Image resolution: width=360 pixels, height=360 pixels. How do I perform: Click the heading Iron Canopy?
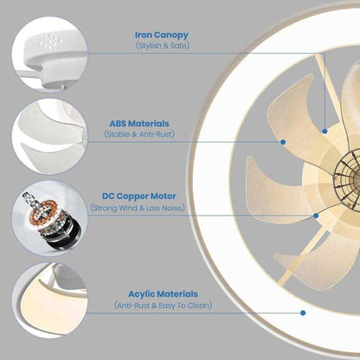click(x=162, y=35)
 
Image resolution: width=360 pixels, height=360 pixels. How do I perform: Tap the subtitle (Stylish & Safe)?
click(x=163, y=46)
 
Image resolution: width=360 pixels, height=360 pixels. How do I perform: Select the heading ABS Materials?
click(x=139, y=124)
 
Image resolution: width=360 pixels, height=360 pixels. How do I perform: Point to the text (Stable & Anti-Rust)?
click(x=139, y=134)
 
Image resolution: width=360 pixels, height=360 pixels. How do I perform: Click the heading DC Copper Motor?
click(x=139, y=196)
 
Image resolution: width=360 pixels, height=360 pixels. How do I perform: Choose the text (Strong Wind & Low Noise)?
click(x=138, y=208)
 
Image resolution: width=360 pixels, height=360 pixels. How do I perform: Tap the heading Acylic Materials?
click(x=164, y=294)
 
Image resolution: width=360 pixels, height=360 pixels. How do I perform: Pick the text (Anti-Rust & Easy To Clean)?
click(x=164, y=305)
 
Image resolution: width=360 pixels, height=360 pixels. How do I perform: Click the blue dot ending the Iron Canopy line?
click(x=325, y=132)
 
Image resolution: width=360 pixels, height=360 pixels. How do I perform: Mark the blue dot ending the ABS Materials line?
click(x=283, y=142)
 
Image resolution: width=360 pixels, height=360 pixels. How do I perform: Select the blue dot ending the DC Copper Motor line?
click(x=316, y=215)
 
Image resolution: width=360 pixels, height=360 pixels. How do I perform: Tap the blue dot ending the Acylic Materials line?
click(x=303, y=312)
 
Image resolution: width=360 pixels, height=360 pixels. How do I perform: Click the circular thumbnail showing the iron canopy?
click(x=49, y=54)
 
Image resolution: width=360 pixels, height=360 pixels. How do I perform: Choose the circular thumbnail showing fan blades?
click(x=49, y=136)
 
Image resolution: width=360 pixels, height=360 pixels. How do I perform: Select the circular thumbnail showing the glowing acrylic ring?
click(x=49, y=300)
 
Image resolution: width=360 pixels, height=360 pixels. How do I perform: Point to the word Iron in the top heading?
click(x=144, y=35)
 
